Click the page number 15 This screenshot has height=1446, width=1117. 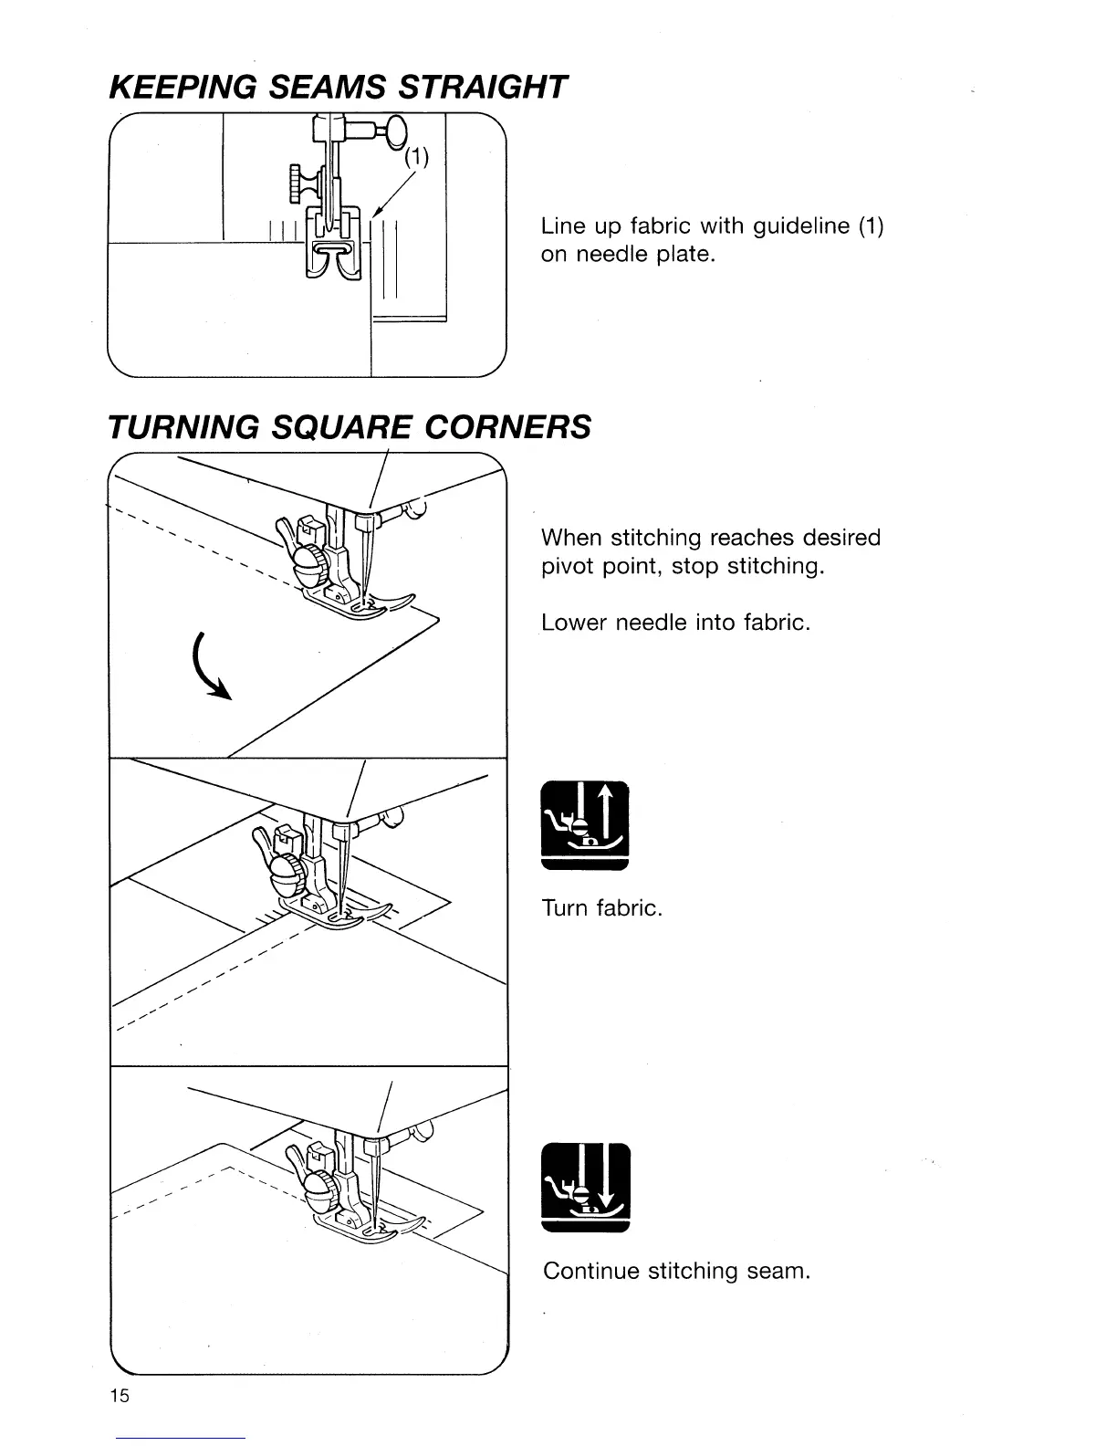click(120, 1396)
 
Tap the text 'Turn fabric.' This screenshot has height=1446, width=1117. click(601, 908)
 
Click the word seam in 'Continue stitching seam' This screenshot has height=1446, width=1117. click(778, 1271)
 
